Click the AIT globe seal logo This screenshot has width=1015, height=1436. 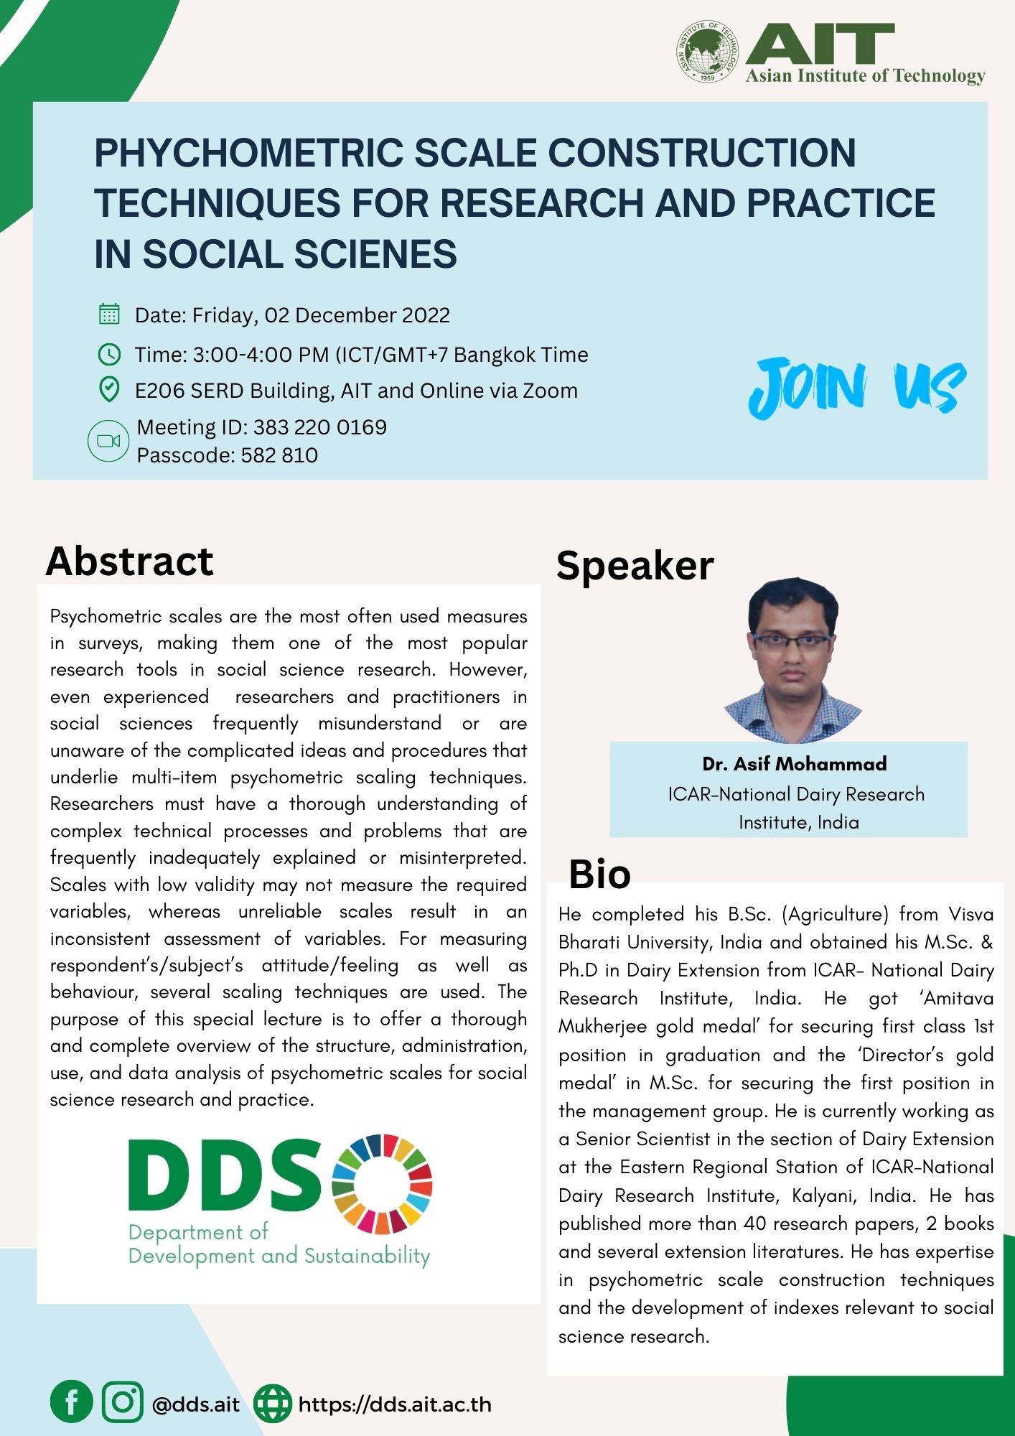(x=707, y=52)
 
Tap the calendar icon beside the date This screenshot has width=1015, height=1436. (x=108, y=314)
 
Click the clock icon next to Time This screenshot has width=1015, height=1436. (x=108, y=354)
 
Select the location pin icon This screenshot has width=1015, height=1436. (x=108, y=390)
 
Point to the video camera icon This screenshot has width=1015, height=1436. (x=108, y=441)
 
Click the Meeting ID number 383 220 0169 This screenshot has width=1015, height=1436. (x=320, y=427)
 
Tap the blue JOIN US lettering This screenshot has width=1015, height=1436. (x=857, y=387)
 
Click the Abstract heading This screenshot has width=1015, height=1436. (x=130, y=561)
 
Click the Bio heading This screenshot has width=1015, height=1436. (x=600, y=875)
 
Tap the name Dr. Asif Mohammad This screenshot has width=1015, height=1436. (x=795, y=763)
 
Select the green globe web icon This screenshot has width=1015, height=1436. (x=273, y=1404)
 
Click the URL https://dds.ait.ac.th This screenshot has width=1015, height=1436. (x=395, y=1404)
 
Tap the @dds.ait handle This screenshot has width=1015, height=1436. (x=196, y=1404)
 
